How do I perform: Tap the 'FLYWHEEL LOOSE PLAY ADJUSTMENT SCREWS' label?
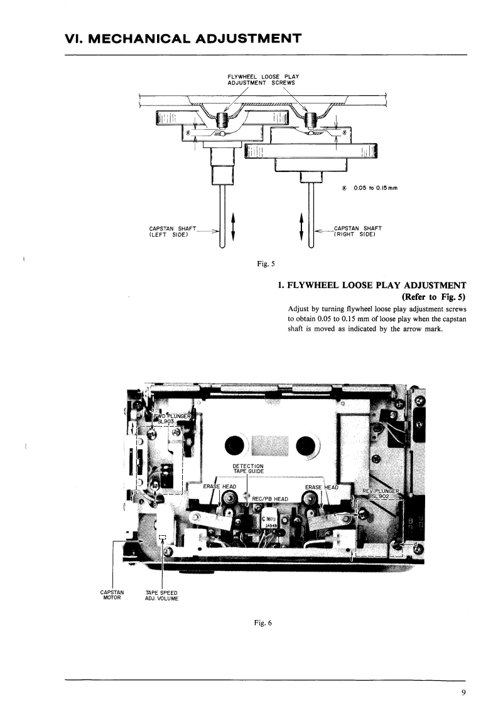coord(263,80)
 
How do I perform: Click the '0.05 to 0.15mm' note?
coord(370,188)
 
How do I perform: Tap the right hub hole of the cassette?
coord(306,444)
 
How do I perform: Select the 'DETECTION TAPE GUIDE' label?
coord(248,469)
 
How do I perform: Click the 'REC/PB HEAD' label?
coord(270,499)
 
